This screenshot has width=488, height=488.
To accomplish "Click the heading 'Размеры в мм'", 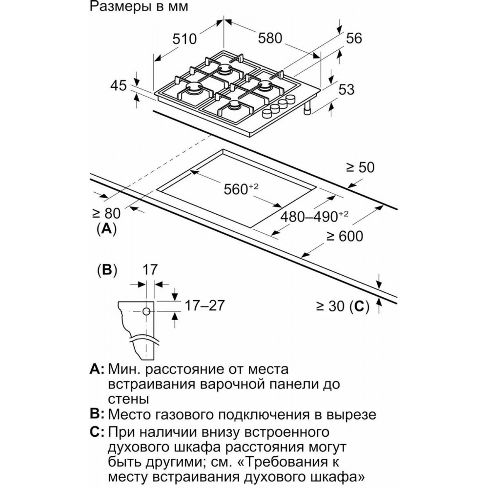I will pos(138,7).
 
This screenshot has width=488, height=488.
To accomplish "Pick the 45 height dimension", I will pos(118,86).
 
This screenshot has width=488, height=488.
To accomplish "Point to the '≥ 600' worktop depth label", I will pos(345,236).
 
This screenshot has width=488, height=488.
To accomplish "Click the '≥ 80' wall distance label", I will pos(106,213).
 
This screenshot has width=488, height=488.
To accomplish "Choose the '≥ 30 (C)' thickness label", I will pos(341,306).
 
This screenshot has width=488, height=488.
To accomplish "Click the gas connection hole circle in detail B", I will pos(146,311).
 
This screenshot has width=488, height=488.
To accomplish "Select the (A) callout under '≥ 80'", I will pos(106,228).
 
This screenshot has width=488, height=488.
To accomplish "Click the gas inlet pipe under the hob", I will pos(307,109).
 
